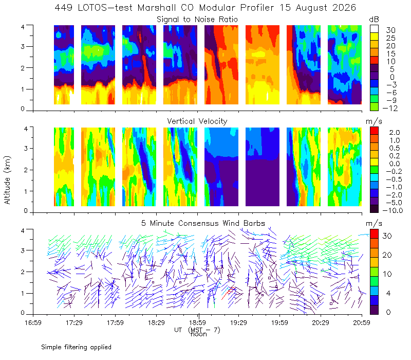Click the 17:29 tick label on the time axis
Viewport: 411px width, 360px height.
(x=74, y=322)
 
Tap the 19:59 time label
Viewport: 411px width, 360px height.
(x=279, y=322)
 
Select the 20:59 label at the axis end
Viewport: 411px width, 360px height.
(x=362, y=322)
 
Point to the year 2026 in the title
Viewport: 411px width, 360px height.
(x=344, y=8)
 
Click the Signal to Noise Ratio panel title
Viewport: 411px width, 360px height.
(x=197, y=20)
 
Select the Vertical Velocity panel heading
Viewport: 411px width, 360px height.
(x=197, y=121)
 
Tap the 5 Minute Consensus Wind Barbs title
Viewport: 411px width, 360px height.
(x=203, y=223)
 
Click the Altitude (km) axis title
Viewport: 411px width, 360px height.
(x=7, y=180)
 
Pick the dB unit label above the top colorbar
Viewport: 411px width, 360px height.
(x=374, y=20)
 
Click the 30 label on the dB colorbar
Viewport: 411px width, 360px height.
(x=390, y=30)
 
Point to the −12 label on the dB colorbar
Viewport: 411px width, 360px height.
(x=390, y=108)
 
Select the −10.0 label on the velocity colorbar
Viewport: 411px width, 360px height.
(x=393, y=210)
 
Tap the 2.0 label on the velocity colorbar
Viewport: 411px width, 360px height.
(x=395, y=133)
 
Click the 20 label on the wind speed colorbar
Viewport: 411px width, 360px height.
(x=387, y=255)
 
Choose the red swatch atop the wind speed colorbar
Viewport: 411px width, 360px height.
(x=374, y=234)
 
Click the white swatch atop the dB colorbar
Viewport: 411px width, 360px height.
(x=374, y=29)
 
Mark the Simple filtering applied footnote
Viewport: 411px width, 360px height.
(x=76, y=347)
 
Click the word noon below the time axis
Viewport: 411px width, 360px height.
(x=199, y=335)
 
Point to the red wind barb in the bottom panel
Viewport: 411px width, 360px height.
(x=228, y=292)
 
